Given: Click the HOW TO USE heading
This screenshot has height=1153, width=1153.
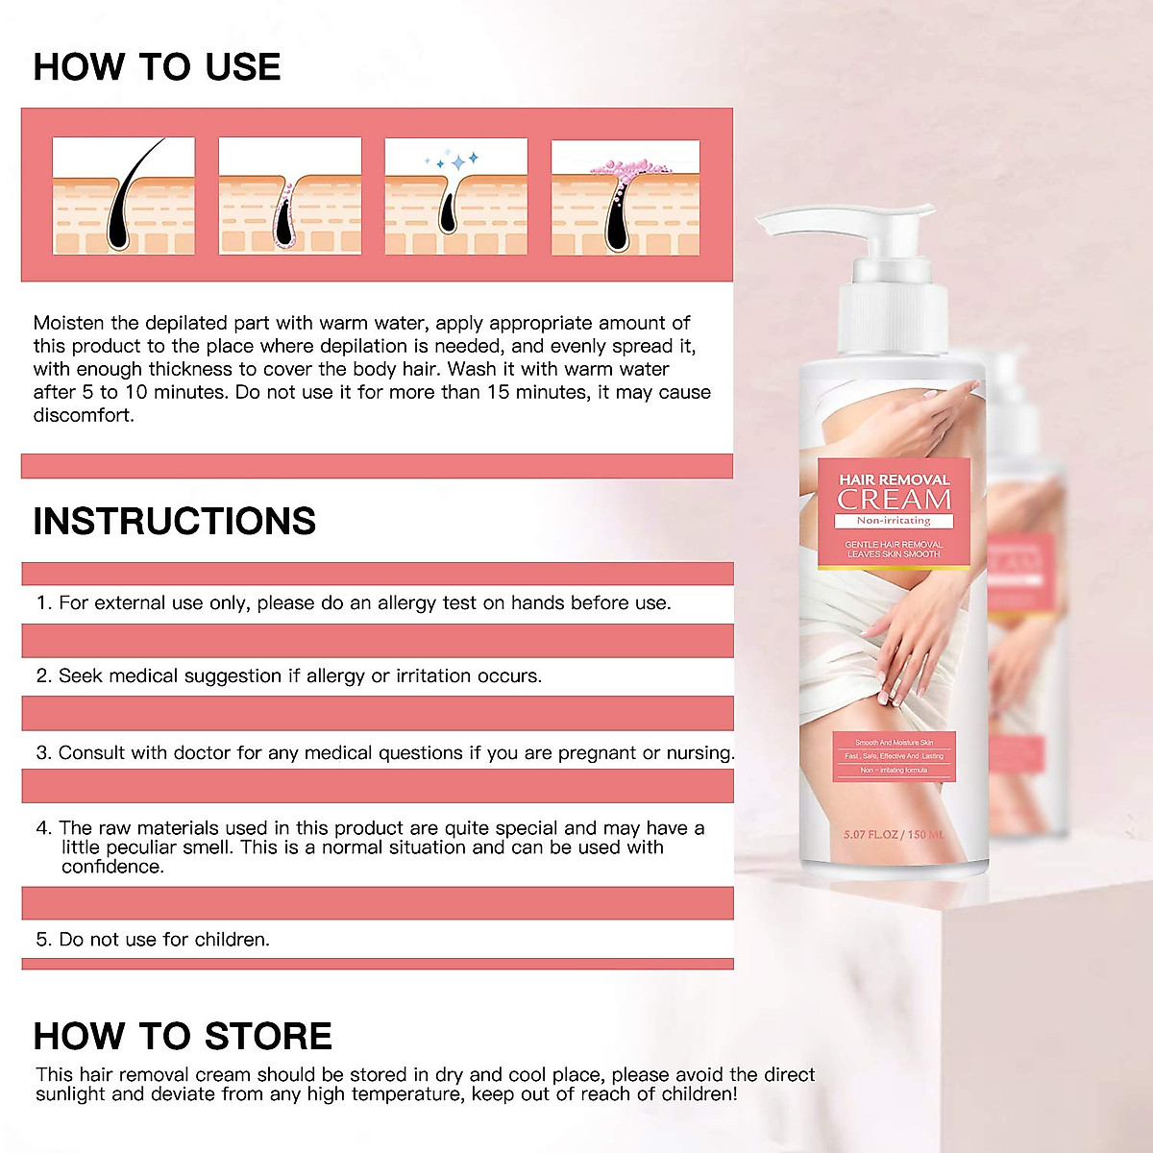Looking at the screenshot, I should [157, 66].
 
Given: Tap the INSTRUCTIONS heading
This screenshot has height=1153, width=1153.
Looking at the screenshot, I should [174, 521].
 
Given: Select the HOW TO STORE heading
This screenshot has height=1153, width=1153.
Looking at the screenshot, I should [183, 1036].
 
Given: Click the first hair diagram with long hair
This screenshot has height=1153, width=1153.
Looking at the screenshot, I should [124, 196].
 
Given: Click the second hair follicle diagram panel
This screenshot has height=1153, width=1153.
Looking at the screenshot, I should [290, 196].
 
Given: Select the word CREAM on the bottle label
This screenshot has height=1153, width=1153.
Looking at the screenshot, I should [894, 500].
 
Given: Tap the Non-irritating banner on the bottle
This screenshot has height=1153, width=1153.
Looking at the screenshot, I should [894, 521].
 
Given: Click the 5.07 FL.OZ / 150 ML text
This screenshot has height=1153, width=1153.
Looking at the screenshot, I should [894, 834].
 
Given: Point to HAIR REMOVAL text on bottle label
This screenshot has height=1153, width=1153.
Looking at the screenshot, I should [894, 479].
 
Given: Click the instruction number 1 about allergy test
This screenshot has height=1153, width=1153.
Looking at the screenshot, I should [354, 602].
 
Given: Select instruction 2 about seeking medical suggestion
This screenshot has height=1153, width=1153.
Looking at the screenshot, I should [289, 675].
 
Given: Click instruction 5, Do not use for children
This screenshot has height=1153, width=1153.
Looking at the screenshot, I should [154, 939].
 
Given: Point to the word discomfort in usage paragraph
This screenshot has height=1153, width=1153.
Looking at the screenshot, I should [84, 415].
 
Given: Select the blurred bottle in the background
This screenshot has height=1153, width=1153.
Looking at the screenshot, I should [1028, 615].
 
